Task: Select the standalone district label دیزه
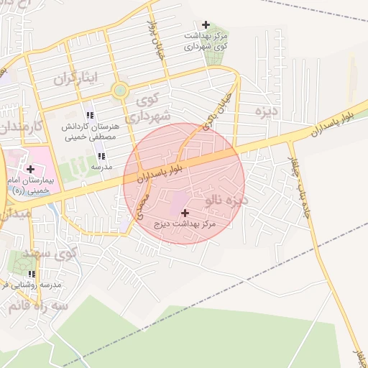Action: pyautogui.click(x=267, y=111)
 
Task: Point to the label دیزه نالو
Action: pyautogui.click(x=225, y=199)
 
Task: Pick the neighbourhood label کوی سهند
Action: pyautogui.click(x=54, y=254)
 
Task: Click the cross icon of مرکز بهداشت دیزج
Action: pyautogui.click(x=185, y=213)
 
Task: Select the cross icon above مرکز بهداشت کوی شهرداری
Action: pyautogui.click(x=206, y=25)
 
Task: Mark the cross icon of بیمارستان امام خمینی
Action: pyautogui.click(x=30, y=170)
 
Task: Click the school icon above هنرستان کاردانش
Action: pyautogui.click(x=90, y=115)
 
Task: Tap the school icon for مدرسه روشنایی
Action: pyautogui.click(x=32, y=275)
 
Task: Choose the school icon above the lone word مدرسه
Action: pyautogui.click(x=101, y=156)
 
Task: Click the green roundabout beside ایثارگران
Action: pyautogui.click(x=119, y=91)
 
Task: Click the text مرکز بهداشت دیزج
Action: pyautogui.click(x=185, y=225)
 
